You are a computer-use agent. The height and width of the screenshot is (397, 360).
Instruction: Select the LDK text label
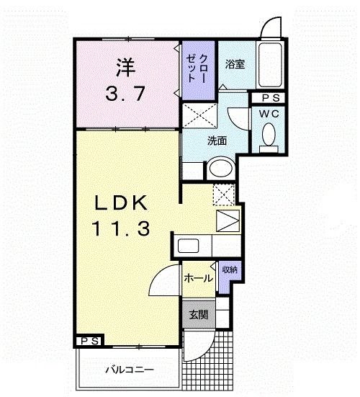tap(122, 203)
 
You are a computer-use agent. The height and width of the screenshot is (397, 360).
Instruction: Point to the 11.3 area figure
tap(121, 230)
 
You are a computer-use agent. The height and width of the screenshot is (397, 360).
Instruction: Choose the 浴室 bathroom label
tap(235, 64)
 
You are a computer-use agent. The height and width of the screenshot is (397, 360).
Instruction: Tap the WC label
tap(269, 115)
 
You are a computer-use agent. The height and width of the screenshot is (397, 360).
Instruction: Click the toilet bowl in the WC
tap(269, 135)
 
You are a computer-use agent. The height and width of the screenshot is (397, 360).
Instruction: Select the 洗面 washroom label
tap(218, 140)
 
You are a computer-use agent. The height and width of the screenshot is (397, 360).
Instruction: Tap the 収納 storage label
tap(230, 269)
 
